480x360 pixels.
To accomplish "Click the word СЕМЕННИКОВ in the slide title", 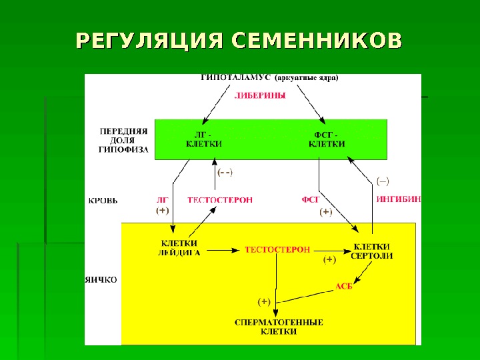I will pos(317,41).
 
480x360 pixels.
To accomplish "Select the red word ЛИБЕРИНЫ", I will pos(260,95).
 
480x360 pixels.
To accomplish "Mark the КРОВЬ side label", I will pos(103,199).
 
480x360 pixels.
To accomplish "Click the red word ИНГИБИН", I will pos(399,199).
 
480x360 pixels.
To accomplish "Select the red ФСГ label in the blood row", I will pos(311,199).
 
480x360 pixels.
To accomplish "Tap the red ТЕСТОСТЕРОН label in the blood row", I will pos(220,199).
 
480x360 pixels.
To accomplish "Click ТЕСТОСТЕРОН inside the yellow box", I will pos(277,250).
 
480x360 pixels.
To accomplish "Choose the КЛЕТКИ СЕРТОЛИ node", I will pos(371,250).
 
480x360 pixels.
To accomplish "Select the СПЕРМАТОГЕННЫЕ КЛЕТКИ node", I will pos(279,327).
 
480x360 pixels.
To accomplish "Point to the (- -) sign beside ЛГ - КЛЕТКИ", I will pos(225,172).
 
